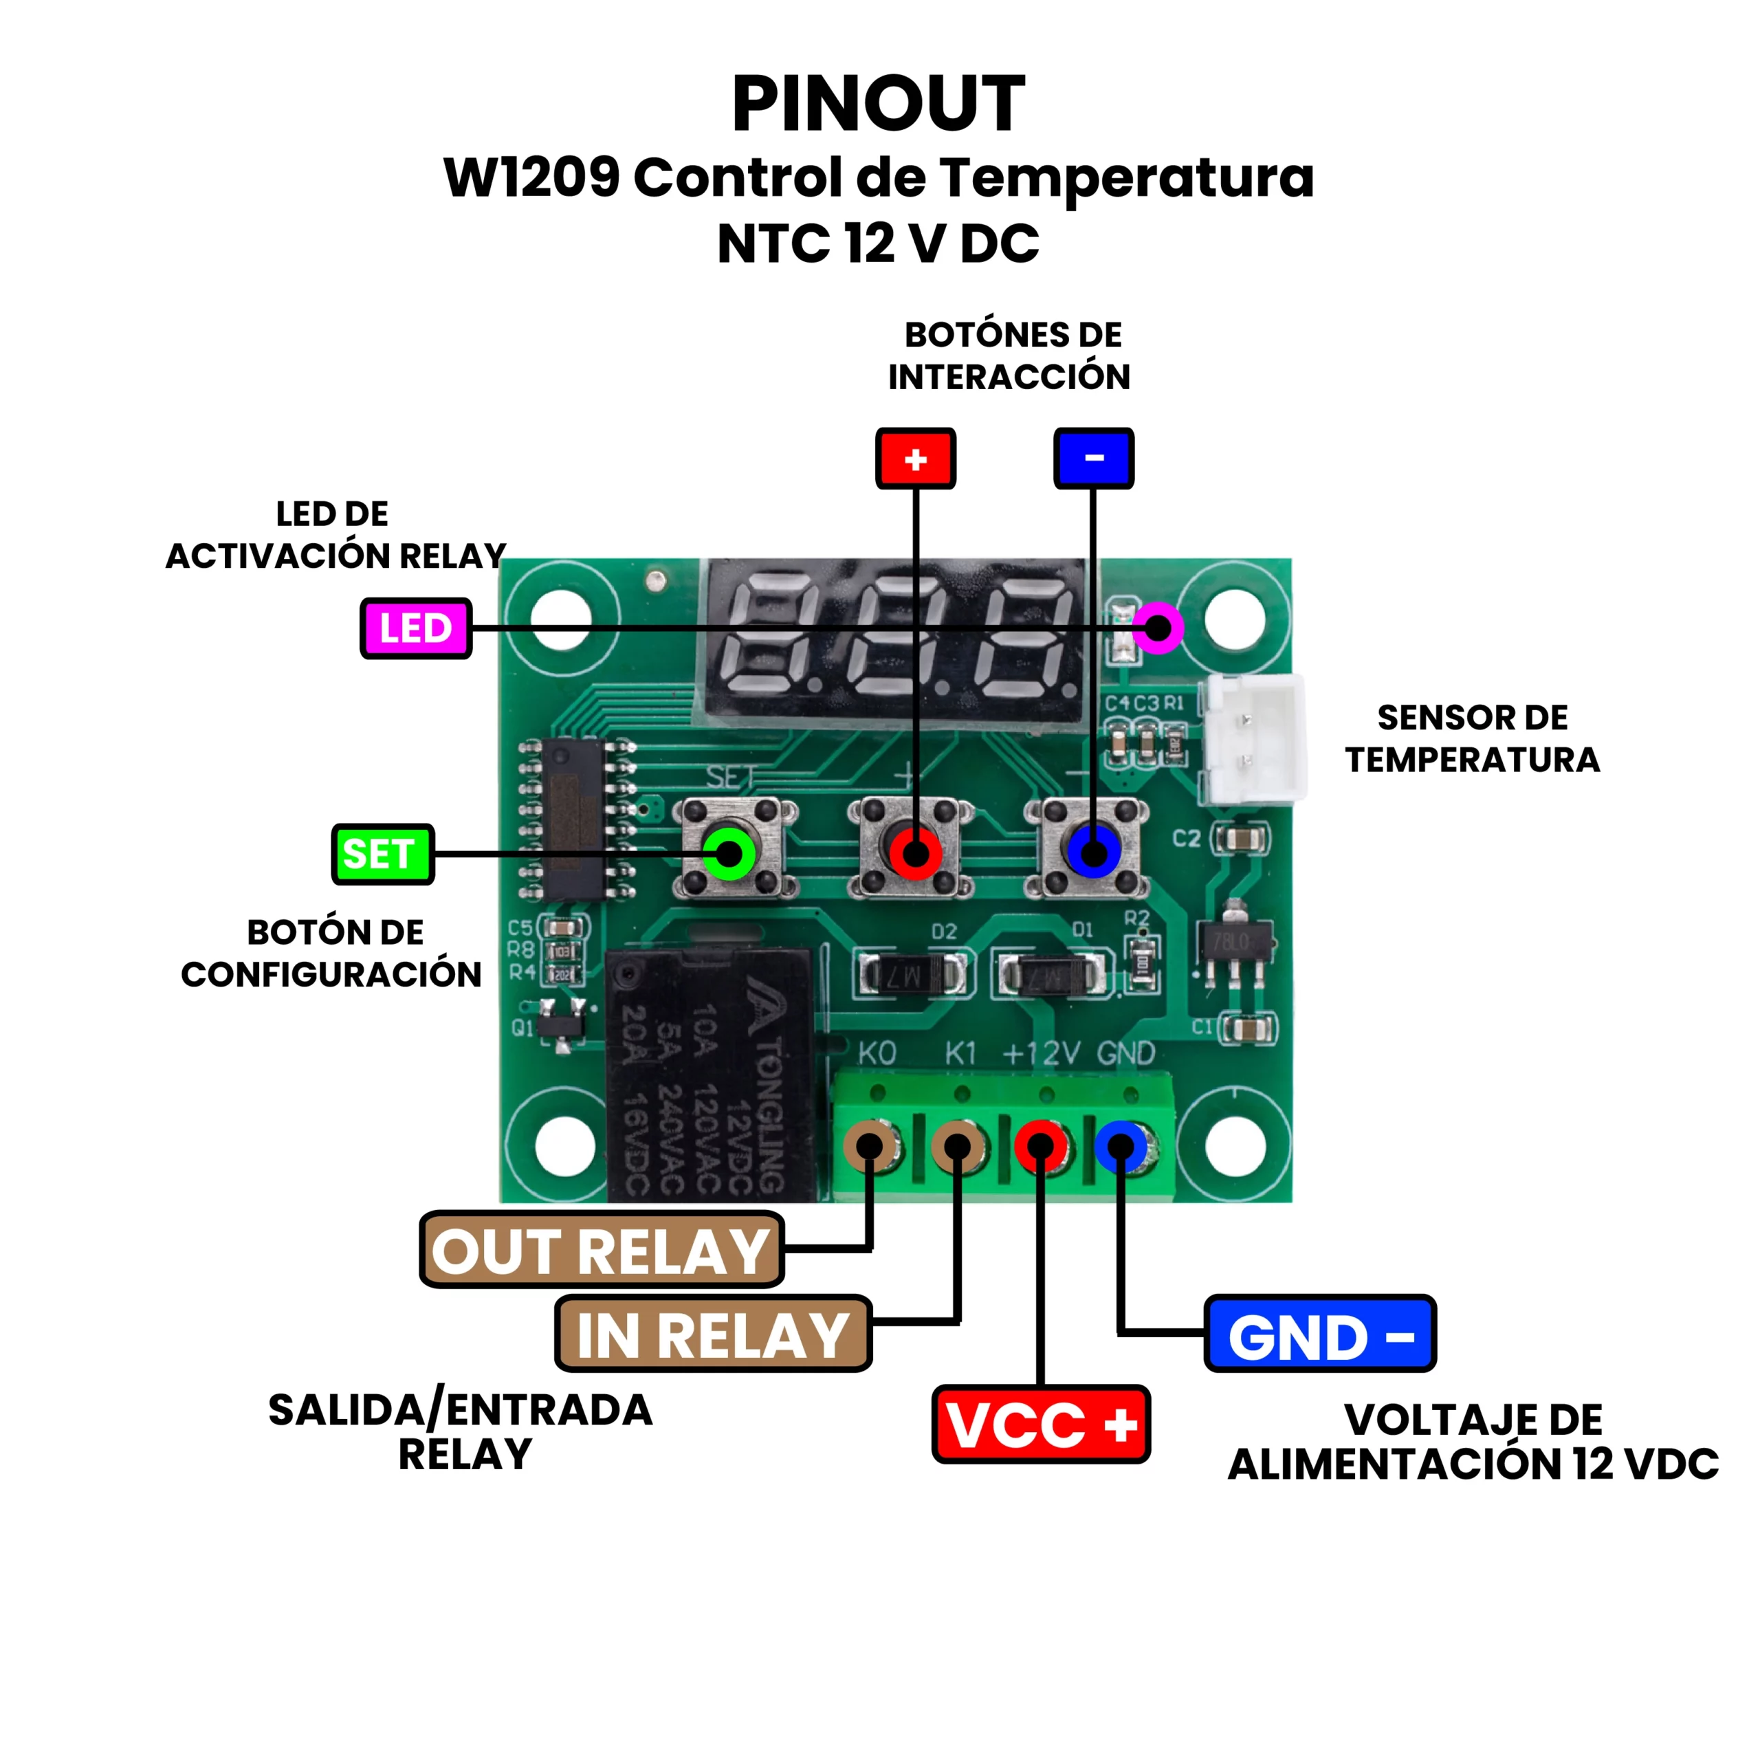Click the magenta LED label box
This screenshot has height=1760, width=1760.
415,628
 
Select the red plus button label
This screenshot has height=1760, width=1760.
916,459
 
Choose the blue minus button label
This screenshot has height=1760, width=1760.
1093,459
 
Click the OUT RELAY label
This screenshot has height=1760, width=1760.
602,1250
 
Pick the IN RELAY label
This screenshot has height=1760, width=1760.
714,1334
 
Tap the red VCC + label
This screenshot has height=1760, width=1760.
1040,1424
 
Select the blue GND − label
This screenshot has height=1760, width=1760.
1319,1334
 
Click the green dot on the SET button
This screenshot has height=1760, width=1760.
729,854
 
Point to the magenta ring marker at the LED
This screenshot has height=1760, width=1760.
1158,628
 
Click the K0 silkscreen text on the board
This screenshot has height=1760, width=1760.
877,1054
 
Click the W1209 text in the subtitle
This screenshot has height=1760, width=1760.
531,177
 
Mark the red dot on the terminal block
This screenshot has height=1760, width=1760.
1040,1146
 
